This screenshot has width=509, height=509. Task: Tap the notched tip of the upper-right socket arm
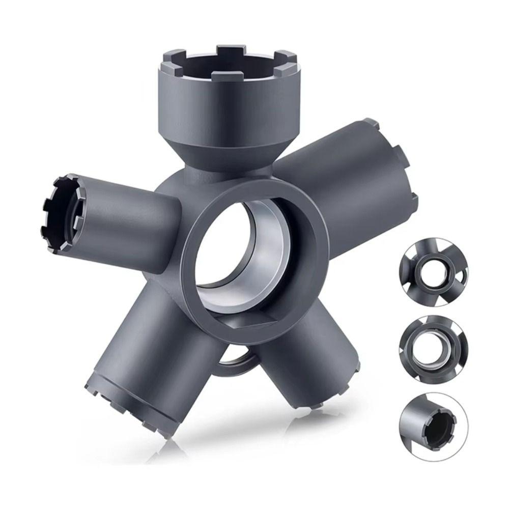402,163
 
